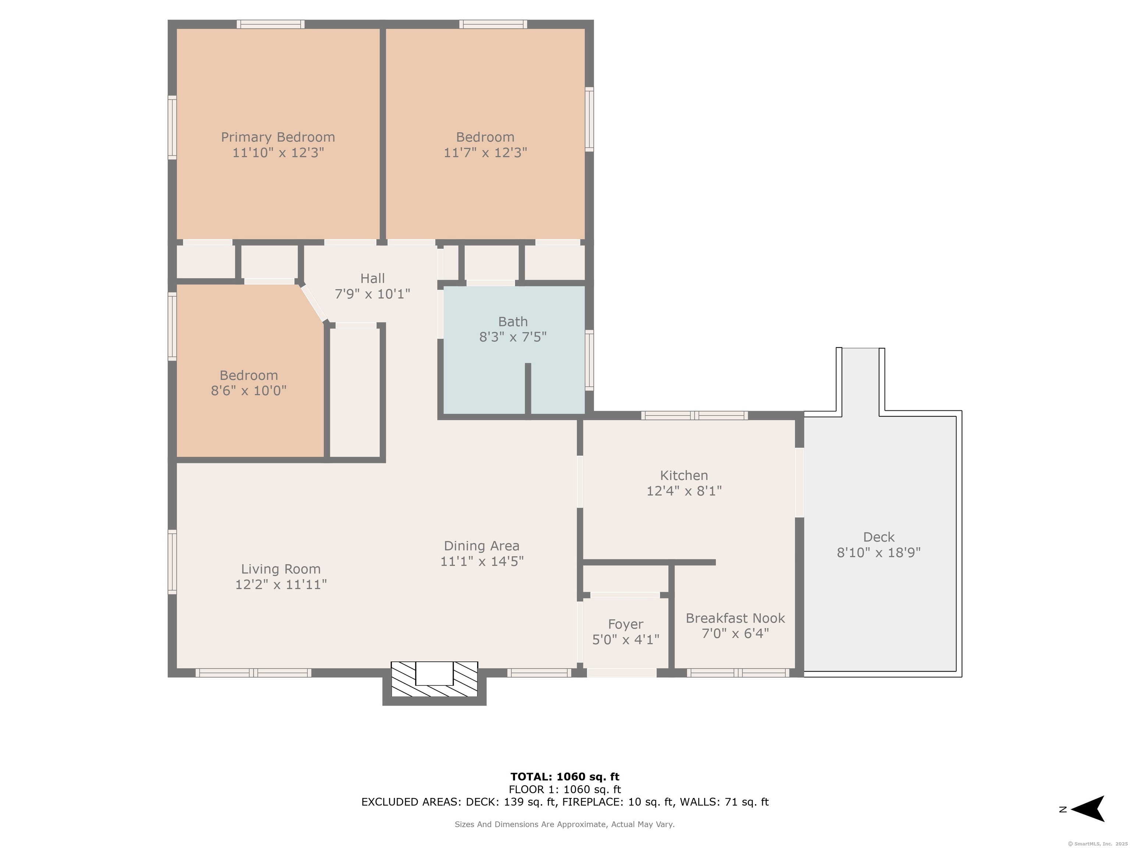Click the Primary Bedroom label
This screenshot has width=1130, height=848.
pos(278,137)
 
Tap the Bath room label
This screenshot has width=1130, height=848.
pos(513,322)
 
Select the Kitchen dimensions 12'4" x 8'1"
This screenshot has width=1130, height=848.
pos(684,491)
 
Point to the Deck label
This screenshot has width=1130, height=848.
pos(879,537)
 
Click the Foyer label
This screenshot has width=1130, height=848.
pos(626,624)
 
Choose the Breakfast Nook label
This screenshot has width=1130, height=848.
pos(735,618)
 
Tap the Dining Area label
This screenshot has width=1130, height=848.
pos(482,546)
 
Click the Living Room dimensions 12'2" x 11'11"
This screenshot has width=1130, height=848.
pos(281,584)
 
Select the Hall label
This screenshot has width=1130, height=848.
pos(372,278)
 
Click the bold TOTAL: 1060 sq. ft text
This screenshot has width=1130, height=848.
pos(565,777)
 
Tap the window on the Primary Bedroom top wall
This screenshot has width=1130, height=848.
pos(271,24)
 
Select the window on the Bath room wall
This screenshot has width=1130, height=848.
pos(590,360)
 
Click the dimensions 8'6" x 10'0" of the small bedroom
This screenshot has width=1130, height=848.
pos(249,391)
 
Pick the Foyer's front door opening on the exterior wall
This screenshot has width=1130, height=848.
pos(622,673)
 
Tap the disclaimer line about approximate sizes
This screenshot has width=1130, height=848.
pos(565,824)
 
